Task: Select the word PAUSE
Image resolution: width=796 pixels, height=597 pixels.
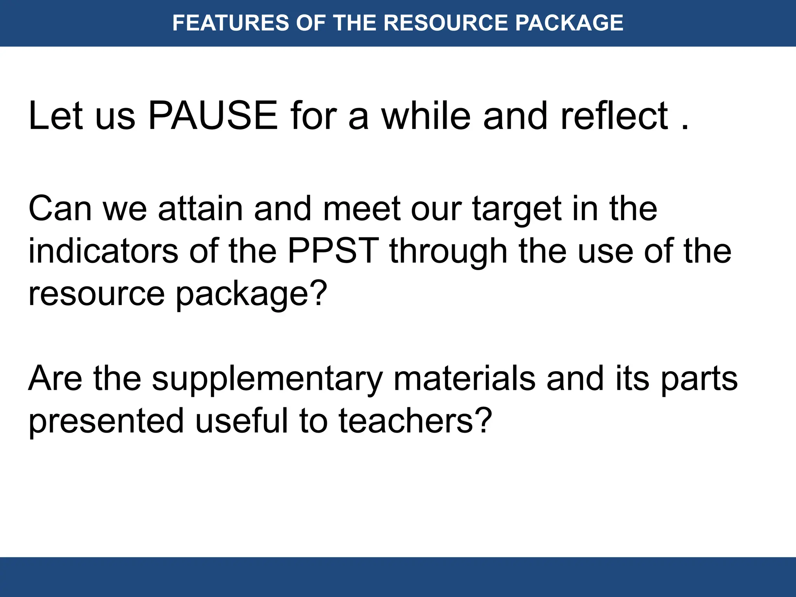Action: pyautogui.click(x=213, y=116)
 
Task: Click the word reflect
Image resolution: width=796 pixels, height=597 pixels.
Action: pyautogui.click(x=614, y=116)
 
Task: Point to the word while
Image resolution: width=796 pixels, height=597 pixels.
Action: pyautogui.click(x=426, y=116)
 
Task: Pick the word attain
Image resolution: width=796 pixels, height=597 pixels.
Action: pyautogui.click(x=200, y=209)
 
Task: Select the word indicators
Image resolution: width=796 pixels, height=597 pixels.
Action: pyautogui.click(x=103, y=251)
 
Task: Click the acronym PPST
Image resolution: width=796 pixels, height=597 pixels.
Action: pyautogui.click(x=333, y=251)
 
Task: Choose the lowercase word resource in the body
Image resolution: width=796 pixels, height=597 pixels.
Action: pyautogui.click(x=96, y=295)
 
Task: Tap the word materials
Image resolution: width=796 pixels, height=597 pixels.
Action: pyautogui.click(x=464, y=379)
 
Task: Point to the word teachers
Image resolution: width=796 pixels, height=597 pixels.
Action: pyautogui.click(x=406, y=421)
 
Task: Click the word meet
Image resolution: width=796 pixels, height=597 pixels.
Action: pyautogui.click(x=361, y=209)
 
